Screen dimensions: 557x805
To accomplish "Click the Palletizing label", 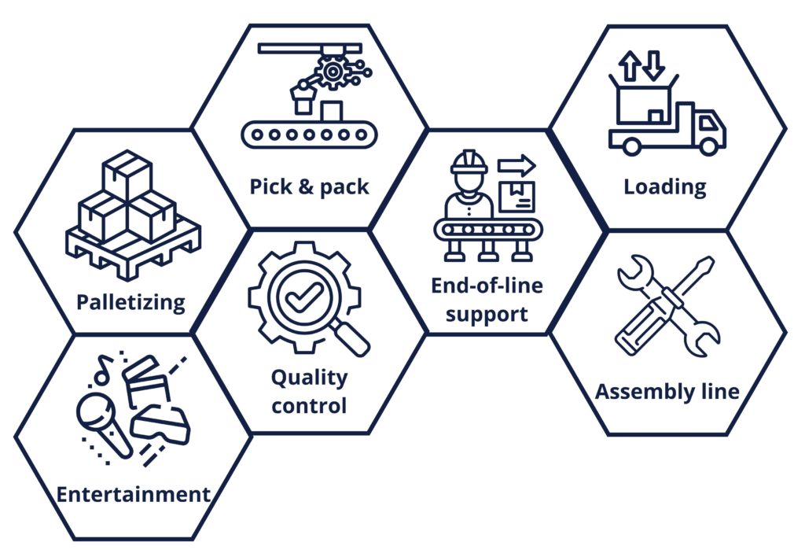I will pos(130,302).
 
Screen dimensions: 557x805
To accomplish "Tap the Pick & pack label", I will pos(309,187).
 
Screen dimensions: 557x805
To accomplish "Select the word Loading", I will pos(665,187).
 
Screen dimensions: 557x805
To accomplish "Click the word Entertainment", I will pos(134,495).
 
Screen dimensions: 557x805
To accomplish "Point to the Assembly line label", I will pos(667,391).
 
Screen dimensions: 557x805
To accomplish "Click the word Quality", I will pos(309,378).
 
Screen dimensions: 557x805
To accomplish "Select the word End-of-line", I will pos(487,286).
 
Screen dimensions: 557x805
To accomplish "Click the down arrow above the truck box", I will pos(653,66).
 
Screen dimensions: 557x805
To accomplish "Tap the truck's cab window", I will pos(708,123).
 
